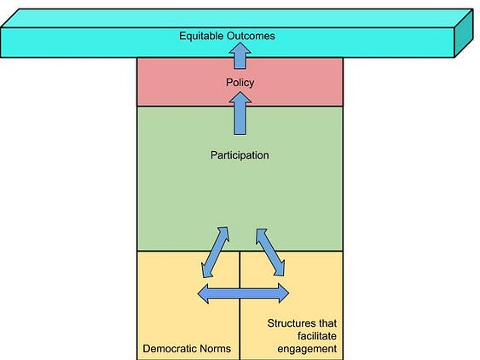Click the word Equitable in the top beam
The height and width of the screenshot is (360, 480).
[201, 36]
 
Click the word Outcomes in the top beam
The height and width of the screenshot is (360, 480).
[251, 36]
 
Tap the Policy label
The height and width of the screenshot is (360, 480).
[240, 83]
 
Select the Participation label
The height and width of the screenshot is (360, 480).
[240, 155]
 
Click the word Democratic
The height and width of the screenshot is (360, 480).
[170, 349]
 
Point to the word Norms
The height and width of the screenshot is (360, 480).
[215, 349]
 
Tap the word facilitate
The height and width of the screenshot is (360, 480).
[317, 336]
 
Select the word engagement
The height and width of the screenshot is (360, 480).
[307, 349]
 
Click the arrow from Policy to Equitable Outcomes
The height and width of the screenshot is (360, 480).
[240, 55]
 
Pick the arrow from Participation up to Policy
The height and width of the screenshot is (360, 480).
[240, 113]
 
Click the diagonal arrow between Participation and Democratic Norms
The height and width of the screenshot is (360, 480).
[215, 253]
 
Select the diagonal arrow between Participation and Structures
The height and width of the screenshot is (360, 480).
[270, 253]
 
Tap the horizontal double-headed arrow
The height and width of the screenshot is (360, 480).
[243, 293]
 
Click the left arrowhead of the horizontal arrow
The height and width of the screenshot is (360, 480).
[203, 293]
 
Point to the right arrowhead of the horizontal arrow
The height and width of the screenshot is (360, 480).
[284, 293]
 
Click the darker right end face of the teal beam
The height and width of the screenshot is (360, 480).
[464, 33]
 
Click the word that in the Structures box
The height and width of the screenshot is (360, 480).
[327, 323]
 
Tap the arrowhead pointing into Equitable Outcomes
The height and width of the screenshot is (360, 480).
[240, 49]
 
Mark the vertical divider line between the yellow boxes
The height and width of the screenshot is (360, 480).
[240, 305]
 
